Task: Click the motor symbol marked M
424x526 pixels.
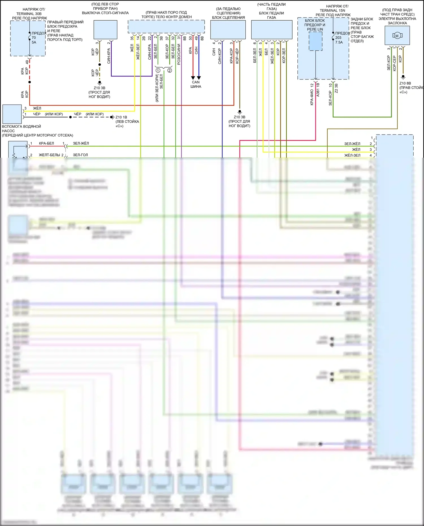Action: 397,36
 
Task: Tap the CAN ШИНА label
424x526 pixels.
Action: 196,84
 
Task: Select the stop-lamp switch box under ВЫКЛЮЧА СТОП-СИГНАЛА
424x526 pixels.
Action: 105,30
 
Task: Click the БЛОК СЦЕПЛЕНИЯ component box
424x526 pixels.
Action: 228,30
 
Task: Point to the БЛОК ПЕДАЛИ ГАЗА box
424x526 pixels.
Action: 271,30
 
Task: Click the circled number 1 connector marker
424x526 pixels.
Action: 158,70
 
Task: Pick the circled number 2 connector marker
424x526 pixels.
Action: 170,70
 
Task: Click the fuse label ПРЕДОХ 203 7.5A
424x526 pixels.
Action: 341,38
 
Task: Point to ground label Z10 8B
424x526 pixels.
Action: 405,83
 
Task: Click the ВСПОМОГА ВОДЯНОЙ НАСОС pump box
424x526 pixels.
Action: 12,114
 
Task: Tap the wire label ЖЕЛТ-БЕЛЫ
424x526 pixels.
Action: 49,155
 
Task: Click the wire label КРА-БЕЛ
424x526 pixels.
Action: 46,143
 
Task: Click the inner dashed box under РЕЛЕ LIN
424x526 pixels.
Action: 315,41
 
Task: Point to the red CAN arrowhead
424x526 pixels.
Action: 193,78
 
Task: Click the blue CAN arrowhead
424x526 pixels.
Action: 199,78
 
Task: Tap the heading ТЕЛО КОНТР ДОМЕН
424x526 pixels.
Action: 166,17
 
